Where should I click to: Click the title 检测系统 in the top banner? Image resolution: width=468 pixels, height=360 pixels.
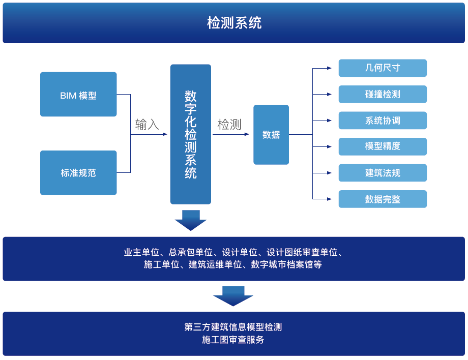coord(235,23)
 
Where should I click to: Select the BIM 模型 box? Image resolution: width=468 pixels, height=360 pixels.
coord(78,94)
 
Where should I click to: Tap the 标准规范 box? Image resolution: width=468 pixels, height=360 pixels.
coord(78,173)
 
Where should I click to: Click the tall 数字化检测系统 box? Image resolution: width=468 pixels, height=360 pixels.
coord(191,134)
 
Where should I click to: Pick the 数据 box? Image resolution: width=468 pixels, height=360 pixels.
coord(271,135)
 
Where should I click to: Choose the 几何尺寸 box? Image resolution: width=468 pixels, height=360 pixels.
coord(383,68)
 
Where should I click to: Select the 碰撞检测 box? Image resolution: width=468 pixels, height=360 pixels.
coord(383,94)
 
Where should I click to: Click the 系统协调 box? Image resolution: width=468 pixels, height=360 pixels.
coord(383,121)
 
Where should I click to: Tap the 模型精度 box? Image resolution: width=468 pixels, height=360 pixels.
coord(383,146)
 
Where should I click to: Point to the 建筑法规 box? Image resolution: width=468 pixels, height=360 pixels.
coord(383,173)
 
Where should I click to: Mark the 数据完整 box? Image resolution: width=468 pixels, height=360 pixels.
coord(383,199)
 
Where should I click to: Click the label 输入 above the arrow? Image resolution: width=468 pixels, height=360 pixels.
coord(147,125)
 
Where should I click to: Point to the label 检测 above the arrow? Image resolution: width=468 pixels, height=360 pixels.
coord(229,125)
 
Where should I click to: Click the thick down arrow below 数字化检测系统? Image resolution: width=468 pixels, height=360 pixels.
coord(191,221)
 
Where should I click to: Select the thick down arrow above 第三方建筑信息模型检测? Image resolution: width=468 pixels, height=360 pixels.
coord(233,296)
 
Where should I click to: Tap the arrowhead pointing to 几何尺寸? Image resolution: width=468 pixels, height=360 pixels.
coord(330,68)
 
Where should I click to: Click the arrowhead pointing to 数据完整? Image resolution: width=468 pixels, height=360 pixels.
coord(330,199)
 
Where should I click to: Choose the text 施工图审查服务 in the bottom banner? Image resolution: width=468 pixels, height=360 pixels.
coord(233,340)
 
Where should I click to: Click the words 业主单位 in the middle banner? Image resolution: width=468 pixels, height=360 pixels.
coord(142,252)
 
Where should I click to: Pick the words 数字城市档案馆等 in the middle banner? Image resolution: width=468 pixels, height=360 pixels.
coord(286,264)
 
